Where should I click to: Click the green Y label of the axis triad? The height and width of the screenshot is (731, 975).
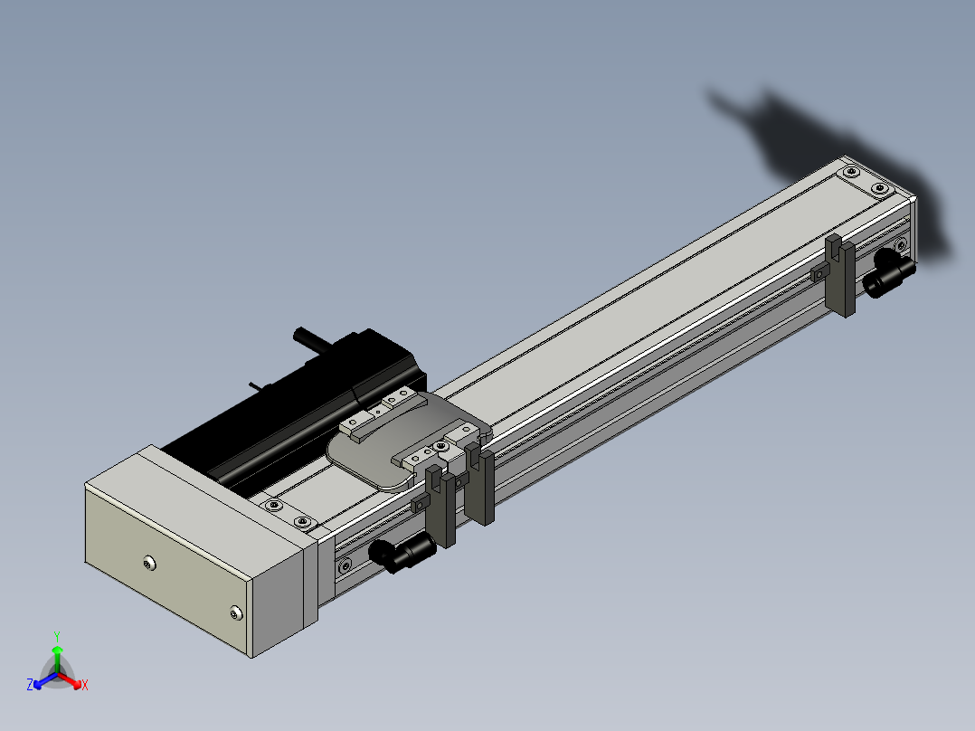57,637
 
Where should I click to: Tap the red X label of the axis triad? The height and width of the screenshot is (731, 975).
85,685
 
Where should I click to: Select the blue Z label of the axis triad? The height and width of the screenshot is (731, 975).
30,684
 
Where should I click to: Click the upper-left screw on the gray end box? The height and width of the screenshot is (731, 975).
148,564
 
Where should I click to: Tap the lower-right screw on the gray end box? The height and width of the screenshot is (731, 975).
235,613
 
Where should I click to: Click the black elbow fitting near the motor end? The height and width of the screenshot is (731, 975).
402,552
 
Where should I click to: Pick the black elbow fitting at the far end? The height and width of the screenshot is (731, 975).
889,274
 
